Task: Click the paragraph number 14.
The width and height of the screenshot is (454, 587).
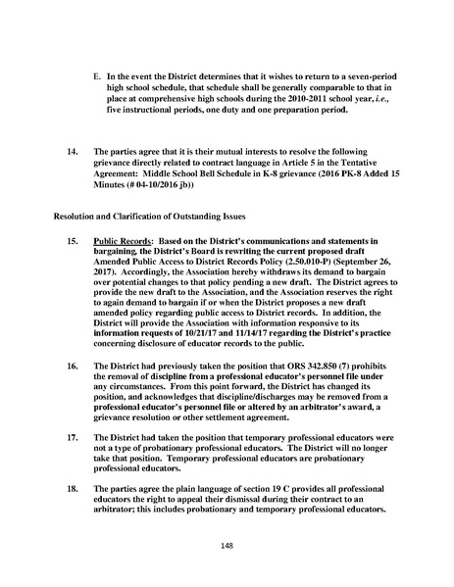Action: pyautogui.click(x=72, y=152)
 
